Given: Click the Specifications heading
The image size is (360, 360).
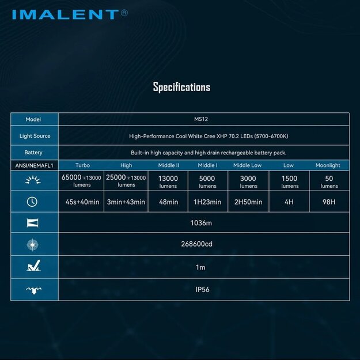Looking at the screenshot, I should click(181, 87).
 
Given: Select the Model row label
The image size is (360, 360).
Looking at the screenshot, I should click(33, 119).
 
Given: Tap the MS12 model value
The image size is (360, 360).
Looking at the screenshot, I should click(204, 119).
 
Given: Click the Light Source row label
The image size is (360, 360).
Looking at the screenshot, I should click(35, 136).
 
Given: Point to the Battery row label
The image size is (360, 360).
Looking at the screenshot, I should click(33, 153).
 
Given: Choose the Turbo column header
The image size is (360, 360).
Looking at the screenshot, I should click(82, 165).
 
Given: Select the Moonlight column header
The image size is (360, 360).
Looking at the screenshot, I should click(328, 165).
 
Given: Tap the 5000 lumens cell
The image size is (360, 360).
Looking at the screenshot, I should click(207, 182).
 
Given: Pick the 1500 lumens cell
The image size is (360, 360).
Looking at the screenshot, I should click(290, 182).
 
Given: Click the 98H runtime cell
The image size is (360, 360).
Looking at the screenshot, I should click(329, 202).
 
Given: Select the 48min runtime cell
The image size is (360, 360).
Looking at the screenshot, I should click(168, 202).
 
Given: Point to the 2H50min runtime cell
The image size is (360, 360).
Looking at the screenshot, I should click(248, 202).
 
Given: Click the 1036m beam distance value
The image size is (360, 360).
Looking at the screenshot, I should click(204, 222).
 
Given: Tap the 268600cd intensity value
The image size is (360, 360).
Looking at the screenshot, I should click(204, 244).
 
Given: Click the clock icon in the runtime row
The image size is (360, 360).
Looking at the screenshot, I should click(32, 202).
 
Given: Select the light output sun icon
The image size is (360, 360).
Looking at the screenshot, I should click(32, 181).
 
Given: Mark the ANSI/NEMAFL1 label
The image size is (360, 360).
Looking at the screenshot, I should click(34, 165).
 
